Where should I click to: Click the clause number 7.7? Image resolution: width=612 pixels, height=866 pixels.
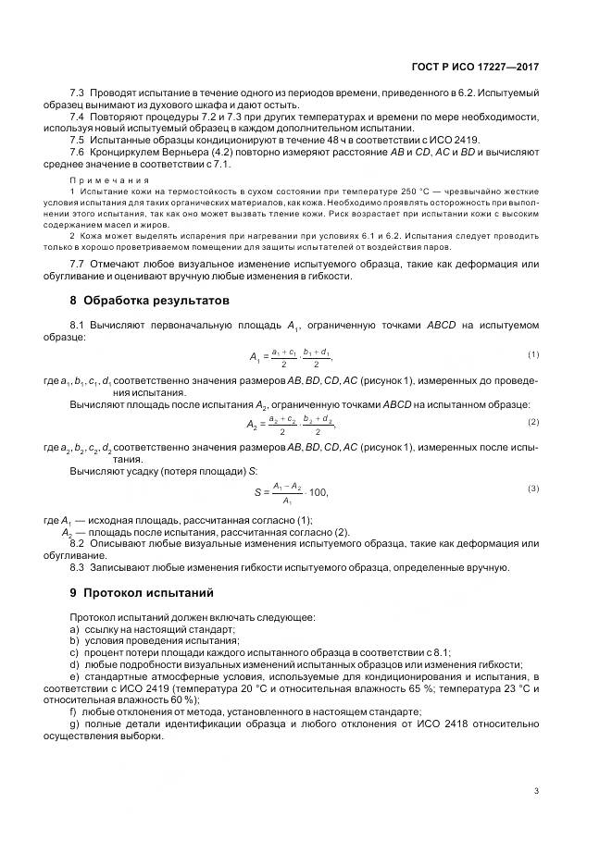point(78,264)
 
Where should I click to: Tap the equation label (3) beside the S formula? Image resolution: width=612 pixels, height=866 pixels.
point(533,488)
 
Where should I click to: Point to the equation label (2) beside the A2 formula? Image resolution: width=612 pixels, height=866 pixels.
point(533,422)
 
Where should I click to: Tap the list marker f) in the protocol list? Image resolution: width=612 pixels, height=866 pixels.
point(73,712)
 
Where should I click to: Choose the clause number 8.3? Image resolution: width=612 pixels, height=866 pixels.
point(78,567)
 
